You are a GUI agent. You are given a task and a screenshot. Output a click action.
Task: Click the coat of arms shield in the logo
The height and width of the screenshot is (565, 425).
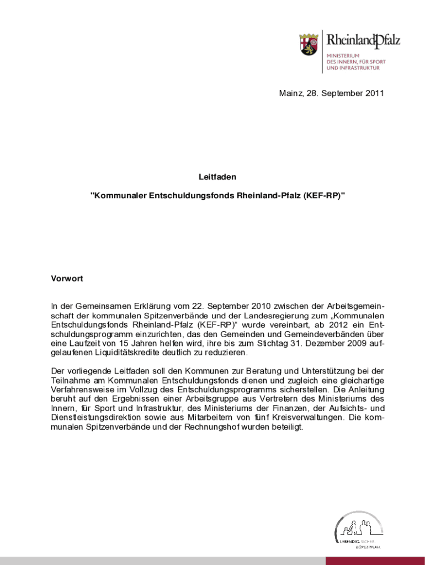click(309, 44)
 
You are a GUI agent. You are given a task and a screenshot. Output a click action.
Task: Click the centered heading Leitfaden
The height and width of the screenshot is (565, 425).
click(217, 177)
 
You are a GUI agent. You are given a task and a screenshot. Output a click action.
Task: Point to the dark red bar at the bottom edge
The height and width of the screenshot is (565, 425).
click(375, 561)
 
